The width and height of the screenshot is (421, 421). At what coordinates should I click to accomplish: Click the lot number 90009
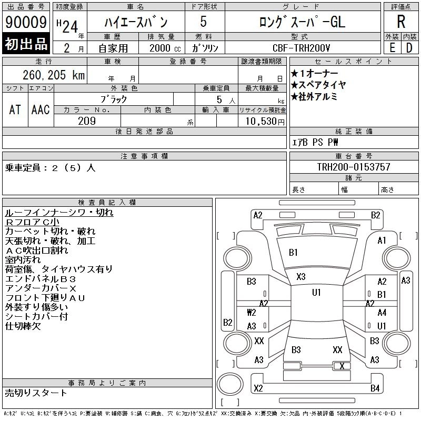pyautogui.click(x=25, y=23)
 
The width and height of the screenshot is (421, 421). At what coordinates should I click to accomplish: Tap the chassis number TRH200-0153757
pyautogui.click(x=354, y=167)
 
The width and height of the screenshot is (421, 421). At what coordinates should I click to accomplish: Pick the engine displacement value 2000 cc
pyautogui.click(x=161, y=47)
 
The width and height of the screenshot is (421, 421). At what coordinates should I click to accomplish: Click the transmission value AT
pyautogui.click(x=15, y=109)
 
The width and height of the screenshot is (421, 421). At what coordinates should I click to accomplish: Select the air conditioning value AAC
pyautogui.click(x=41, y=109)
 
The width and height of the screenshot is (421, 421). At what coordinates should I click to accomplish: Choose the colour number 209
pyautogui.click(x=87, y=121)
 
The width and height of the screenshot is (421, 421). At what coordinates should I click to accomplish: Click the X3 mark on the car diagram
pyautogui.click(x=301, y=277)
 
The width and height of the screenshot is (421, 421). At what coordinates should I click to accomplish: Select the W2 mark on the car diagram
pyautogui.click(x=251, y=312)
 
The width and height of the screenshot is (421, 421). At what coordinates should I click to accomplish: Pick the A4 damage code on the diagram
pyautogui.click(x=382, y=313)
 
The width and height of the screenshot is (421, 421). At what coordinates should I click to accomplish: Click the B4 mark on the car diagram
pyautogui.click(x=375, y=389)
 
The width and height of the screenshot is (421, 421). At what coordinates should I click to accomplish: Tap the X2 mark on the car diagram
pyautogui.click(x=258, y=389)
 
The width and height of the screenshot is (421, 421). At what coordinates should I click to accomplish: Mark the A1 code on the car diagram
pyautogui.click(x=382, y=240)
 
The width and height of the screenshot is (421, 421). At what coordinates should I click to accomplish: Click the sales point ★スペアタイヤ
pyautogui.click(x=318, y=85)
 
